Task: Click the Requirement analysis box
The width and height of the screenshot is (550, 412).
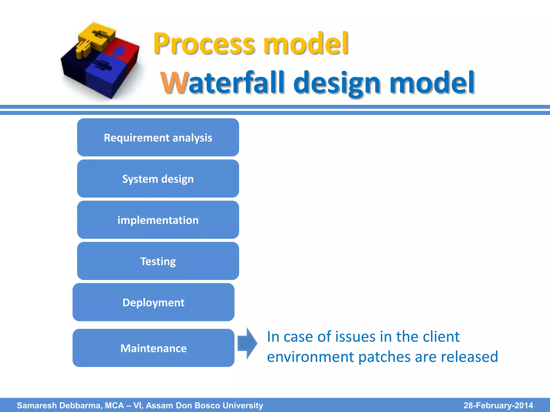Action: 158,137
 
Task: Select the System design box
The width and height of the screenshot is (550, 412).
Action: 158,179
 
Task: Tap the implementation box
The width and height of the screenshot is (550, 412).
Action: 158,220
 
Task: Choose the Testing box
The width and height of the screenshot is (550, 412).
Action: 158,261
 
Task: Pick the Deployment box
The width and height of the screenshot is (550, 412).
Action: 153,302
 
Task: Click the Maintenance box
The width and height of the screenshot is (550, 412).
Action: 153,348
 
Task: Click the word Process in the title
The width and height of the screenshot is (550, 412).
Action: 204,44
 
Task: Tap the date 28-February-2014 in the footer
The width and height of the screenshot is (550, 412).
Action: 498,405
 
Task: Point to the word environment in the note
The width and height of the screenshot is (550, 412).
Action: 310,357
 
